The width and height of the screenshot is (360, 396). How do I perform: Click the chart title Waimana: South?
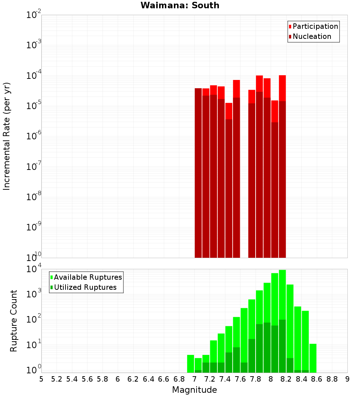[x=180, y=5]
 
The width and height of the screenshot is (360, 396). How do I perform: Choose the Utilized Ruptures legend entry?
[x=85, y=287]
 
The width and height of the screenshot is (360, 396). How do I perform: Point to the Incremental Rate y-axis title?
[x=7, y=136]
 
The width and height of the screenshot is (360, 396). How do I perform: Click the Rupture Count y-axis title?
[x=14, y=321]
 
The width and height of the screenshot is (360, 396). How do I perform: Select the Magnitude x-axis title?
[x=194, y=390]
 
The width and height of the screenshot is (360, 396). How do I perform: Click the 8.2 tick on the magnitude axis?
[x=286, y=379]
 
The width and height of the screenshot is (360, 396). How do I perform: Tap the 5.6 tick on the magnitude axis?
[x=87, y=379]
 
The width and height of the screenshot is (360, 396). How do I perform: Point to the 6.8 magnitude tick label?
[x=179, y=379]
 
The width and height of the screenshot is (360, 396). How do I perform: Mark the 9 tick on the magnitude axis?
[x=347, y=379]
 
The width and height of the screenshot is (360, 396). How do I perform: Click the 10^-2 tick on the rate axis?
[x=34, y=15]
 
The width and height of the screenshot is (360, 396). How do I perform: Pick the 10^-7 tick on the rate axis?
[x=34, y=167]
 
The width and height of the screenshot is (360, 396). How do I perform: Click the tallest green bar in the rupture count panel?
[x=282, y=320]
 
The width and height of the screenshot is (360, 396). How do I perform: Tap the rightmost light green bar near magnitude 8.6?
[x=313, y=358]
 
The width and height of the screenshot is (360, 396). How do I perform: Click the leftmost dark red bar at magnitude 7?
[x=198, y=173]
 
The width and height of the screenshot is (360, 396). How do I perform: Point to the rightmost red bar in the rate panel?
[x=282, y=166]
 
